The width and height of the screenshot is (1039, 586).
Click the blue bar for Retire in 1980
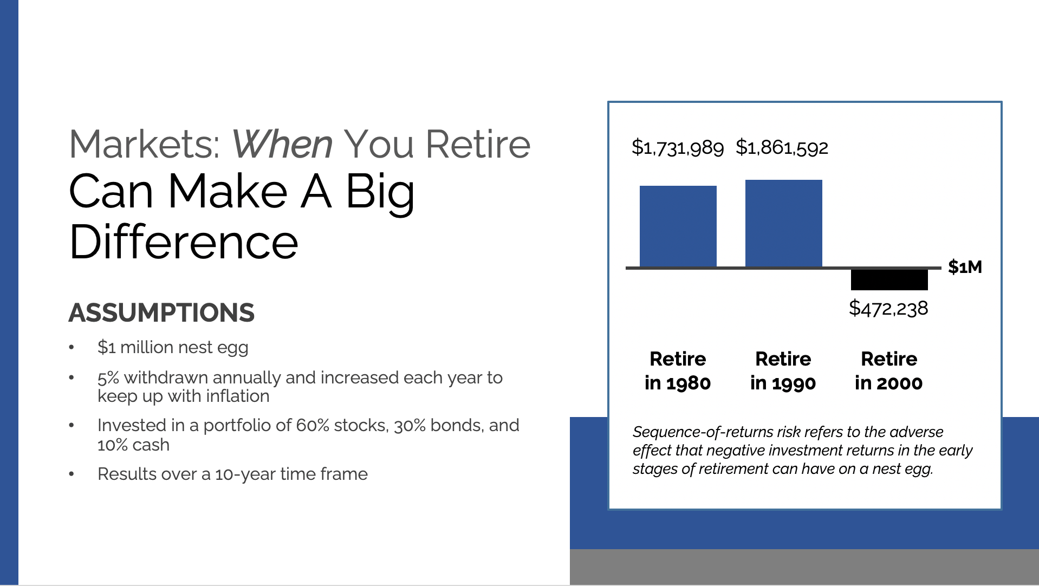678,226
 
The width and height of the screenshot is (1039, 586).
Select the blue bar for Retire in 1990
783,223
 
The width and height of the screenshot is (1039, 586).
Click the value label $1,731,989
677,147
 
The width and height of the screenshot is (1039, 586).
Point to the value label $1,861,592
782,147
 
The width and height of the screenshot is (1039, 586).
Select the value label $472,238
888,308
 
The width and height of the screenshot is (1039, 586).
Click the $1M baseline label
965,267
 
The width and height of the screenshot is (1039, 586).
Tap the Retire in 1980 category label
678,371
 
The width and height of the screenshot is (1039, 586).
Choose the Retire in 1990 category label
783,371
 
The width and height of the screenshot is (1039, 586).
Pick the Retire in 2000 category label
888,371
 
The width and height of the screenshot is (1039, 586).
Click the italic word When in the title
282,145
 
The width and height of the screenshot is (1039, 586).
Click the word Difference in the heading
184,242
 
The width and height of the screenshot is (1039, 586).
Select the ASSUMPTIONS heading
161,312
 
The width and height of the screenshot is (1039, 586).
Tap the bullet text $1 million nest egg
173,347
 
